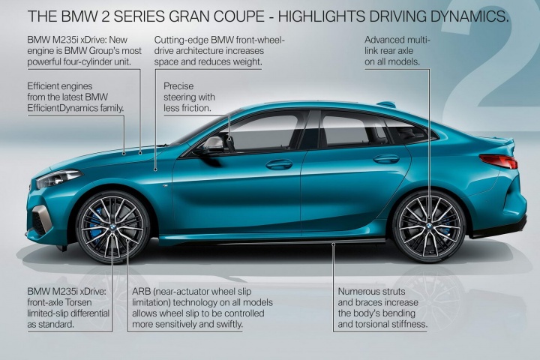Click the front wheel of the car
113,227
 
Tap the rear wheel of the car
429,226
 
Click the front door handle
279,164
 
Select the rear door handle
386,159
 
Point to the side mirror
214,145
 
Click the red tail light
498,161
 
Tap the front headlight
58,178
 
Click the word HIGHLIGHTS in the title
322,16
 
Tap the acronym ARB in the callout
142,292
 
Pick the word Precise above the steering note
178,86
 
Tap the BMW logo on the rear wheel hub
429,226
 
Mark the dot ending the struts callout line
333,244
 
